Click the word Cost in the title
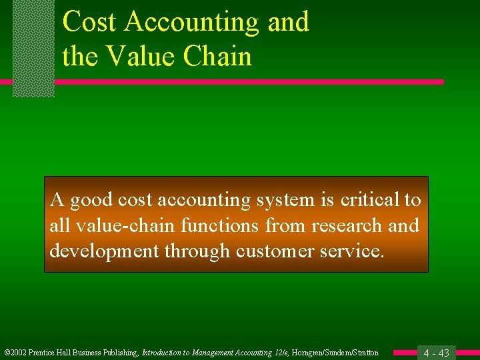(x=89, y=22)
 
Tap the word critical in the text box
(x=364, y=200)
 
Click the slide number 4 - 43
(x=437, y=353)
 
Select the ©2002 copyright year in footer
(x=15, y=353)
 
